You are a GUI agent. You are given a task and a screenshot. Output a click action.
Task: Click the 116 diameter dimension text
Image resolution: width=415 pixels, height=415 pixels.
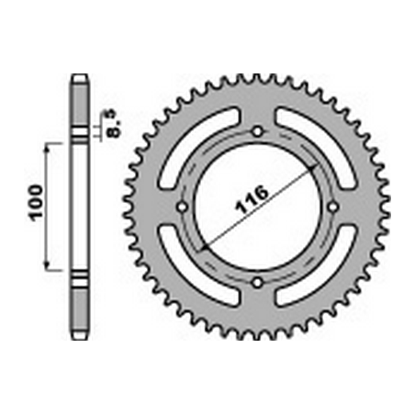252,199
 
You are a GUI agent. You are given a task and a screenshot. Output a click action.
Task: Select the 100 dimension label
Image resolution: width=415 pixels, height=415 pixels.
36,203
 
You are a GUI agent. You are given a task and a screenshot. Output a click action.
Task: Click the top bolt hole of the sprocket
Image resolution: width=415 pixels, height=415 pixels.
258,132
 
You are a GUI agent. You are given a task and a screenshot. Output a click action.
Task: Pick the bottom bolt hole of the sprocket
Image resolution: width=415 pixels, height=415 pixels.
258,283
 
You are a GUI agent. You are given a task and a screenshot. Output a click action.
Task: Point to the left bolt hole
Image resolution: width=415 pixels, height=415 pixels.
183,207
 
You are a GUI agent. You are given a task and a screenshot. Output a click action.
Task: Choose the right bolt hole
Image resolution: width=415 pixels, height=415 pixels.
333,207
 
